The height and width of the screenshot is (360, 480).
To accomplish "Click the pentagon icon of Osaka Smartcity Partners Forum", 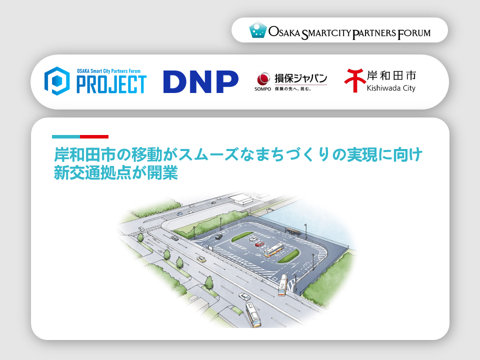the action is click(258, 29).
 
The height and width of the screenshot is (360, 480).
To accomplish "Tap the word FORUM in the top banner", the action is click(414, 33).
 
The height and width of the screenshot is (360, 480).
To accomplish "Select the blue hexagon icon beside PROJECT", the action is click(57, 81).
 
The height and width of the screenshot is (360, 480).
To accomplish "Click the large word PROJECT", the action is click(111, 84).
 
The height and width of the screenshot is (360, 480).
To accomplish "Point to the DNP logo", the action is click(201, 81).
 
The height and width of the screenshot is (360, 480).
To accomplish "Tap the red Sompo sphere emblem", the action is click(263, 78).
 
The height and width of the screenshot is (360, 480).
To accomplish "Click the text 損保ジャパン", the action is click(300, 78).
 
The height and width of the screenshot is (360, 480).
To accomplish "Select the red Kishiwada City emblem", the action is click(355, 80).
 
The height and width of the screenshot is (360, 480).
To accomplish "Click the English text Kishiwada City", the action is click(391, 88).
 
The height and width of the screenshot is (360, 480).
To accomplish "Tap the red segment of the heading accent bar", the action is click(94, 136).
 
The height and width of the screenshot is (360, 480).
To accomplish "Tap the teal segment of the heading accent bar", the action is click(66, 136).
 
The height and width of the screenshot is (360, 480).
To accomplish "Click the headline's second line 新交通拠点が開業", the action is click(115, 173).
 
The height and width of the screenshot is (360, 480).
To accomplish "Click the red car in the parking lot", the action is click(259, 244).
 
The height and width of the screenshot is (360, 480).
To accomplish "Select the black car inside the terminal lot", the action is click(218, 236).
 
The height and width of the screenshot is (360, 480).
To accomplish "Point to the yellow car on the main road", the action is click(201, 259).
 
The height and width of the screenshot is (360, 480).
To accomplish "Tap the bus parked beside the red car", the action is click(273, 250).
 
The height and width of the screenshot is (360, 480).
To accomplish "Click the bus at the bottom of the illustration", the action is click(253, 314).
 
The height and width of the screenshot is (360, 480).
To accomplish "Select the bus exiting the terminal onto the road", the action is click(283, 284).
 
